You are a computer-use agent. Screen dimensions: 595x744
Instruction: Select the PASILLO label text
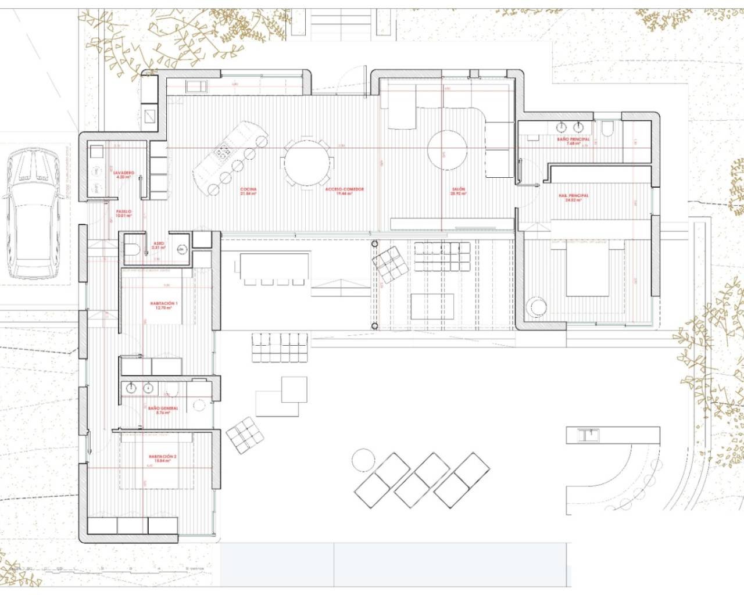coord(123,213)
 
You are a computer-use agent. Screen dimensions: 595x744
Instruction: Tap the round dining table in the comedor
coord(307,161)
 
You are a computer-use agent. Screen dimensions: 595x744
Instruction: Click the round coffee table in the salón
coord(447,149)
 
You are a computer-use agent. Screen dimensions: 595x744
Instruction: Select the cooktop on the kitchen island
coord(223,152)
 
